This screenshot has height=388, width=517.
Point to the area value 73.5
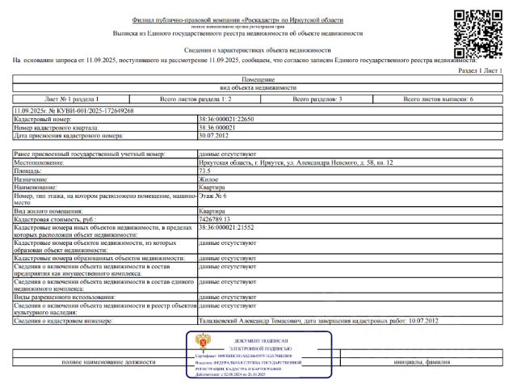[204, 171]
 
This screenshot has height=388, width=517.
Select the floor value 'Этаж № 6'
[212, 196]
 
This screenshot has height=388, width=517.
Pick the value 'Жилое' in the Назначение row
[208, 179]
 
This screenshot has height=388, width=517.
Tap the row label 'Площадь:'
[30, 171]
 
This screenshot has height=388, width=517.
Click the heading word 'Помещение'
[258, 80]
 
